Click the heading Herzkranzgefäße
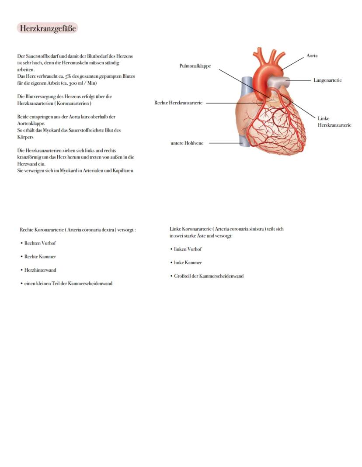[48, 28]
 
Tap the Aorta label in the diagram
[312, 55]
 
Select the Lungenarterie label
[327, 80]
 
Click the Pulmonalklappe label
[195, 66]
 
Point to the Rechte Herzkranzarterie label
[178, 103]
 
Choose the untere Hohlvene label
[187, 143]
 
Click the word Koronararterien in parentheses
[73, 104]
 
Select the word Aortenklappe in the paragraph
[31, 124]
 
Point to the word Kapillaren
[123, 171]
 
